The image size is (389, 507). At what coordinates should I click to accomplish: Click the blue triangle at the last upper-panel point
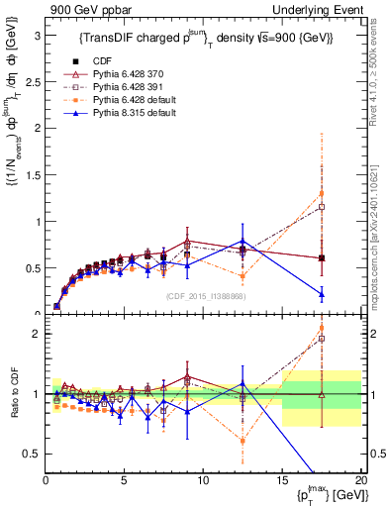click(x=322, y=294)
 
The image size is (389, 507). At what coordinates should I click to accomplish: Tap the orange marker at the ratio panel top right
click(x=322, y=328)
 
